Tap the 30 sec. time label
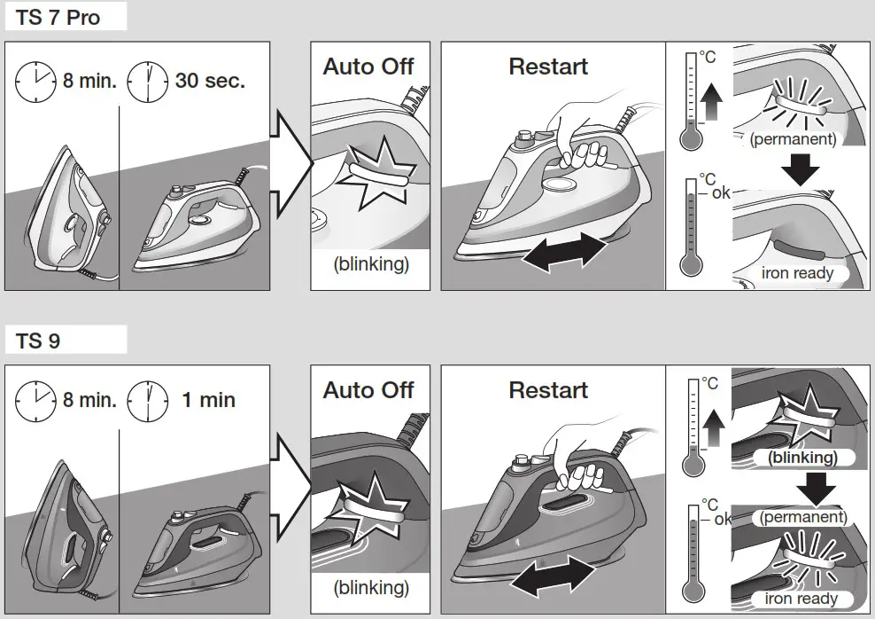coord(210,82)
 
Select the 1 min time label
coord(208,400)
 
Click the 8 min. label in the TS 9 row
coord(89,400)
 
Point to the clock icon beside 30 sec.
coord(148,82)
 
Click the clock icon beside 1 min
coord(148,400)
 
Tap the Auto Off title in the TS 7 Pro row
coord(368,67)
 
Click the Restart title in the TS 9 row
coord(548,390)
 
